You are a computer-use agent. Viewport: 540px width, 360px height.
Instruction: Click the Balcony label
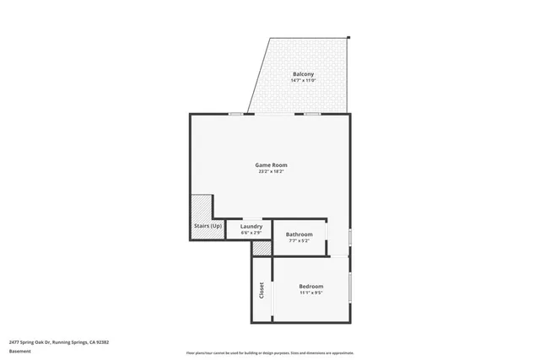point(303,74)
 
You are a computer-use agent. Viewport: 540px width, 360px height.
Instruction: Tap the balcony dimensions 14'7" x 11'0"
point(303,81)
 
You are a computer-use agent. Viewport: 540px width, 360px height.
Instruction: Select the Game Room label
point(270,164)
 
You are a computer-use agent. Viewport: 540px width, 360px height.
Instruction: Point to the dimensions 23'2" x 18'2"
point(270,171)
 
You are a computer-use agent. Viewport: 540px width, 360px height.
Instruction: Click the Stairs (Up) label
point(208,227)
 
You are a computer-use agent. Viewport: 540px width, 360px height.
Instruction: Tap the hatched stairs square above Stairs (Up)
point(201,207)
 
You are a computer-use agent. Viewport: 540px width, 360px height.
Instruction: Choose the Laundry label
point(251,226)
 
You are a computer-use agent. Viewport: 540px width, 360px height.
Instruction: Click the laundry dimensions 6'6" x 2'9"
point(251,233)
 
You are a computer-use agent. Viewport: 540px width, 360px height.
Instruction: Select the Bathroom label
point(299,234)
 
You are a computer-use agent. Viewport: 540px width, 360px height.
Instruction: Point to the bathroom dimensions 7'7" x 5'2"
point(299,241)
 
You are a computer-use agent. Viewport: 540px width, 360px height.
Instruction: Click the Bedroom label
point(310,287)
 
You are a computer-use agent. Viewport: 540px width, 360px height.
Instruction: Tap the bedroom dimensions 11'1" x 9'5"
point(310,294)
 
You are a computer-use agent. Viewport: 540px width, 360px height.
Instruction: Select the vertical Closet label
point(262,289)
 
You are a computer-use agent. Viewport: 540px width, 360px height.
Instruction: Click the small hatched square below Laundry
point(261,249)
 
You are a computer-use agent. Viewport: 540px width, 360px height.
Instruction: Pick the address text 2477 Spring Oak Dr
point(59,342)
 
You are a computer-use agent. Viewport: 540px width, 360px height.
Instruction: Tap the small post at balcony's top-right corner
point(347,36)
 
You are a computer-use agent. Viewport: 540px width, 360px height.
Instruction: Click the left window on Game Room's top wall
point(237,114)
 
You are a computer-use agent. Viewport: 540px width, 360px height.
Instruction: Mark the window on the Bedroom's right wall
point(350,287)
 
